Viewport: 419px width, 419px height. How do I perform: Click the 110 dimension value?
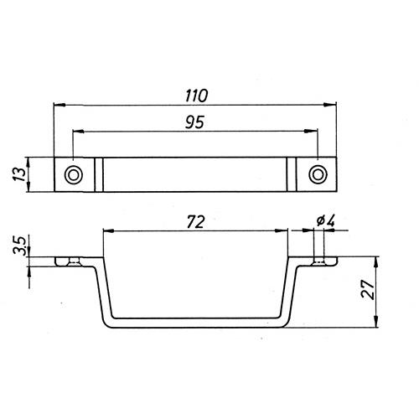tap(197, 96)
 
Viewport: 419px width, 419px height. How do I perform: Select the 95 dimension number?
tap(194, 122)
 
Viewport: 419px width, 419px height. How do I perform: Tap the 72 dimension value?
tap(196, 222)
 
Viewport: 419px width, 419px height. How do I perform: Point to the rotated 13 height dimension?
tap(20, 174)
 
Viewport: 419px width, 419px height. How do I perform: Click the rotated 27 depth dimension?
tap(368, 290)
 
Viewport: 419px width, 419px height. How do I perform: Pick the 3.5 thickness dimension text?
tap(20, 246)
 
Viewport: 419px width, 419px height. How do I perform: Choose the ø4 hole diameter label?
tap(326, 221)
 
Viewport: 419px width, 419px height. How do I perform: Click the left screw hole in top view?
tap(74, 175)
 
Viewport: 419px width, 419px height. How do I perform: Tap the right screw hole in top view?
tap(318, 174)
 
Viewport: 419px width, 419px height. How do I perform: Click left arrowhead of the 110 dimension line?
tap(59, 105)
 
